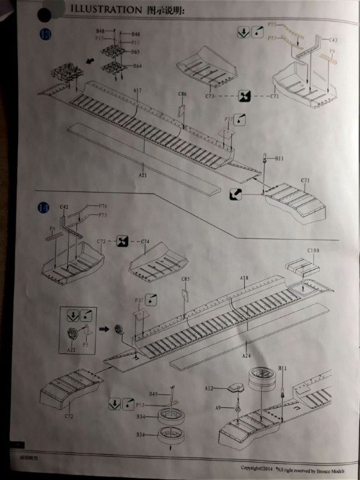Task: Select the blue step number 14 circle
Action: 43,208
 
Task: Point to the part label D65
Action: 136,52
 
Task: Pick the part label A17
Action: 137,90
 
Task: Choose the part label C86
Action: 182,94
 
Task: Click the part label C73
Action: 210,96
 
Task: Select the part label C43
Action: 332,41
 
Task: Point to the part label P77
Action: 272,38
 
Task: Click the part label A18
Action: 244,278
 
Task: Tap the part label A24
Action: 246,355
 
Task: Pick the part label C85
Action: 186,280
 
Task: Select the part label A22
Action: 71,349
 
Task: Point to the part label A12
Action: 209,388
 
